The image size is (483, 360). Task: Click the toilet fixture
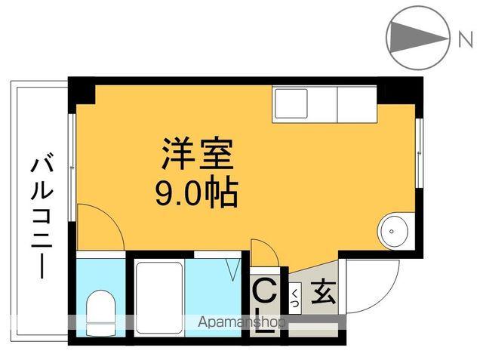coord(100,312)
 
